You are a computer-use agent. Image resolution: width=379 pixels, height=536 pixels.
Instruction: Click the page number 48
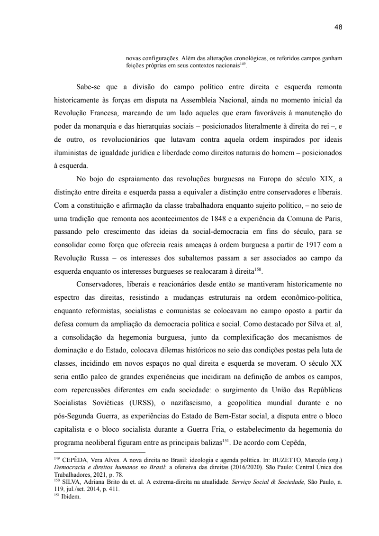(x=338, y=27)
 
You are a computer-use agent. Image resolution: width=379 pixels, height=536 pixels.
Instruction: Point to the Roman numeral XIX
(x=320, y=179)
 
